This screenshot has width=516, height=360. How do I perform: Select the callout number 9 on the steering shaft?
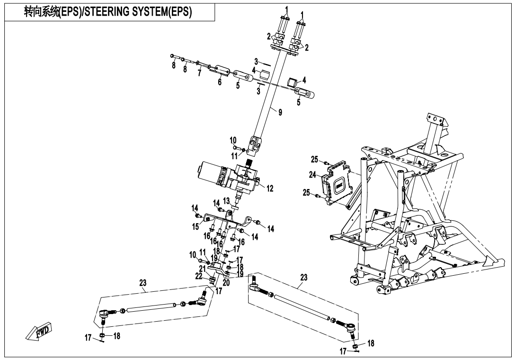[280, 113]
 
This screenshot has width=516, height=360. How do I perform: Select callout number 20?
[225, 282]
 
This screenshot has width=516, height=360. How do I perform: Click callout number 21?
[203, 269]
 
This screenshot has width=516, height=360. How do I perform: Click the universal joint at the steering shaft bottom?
[256, 141]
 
